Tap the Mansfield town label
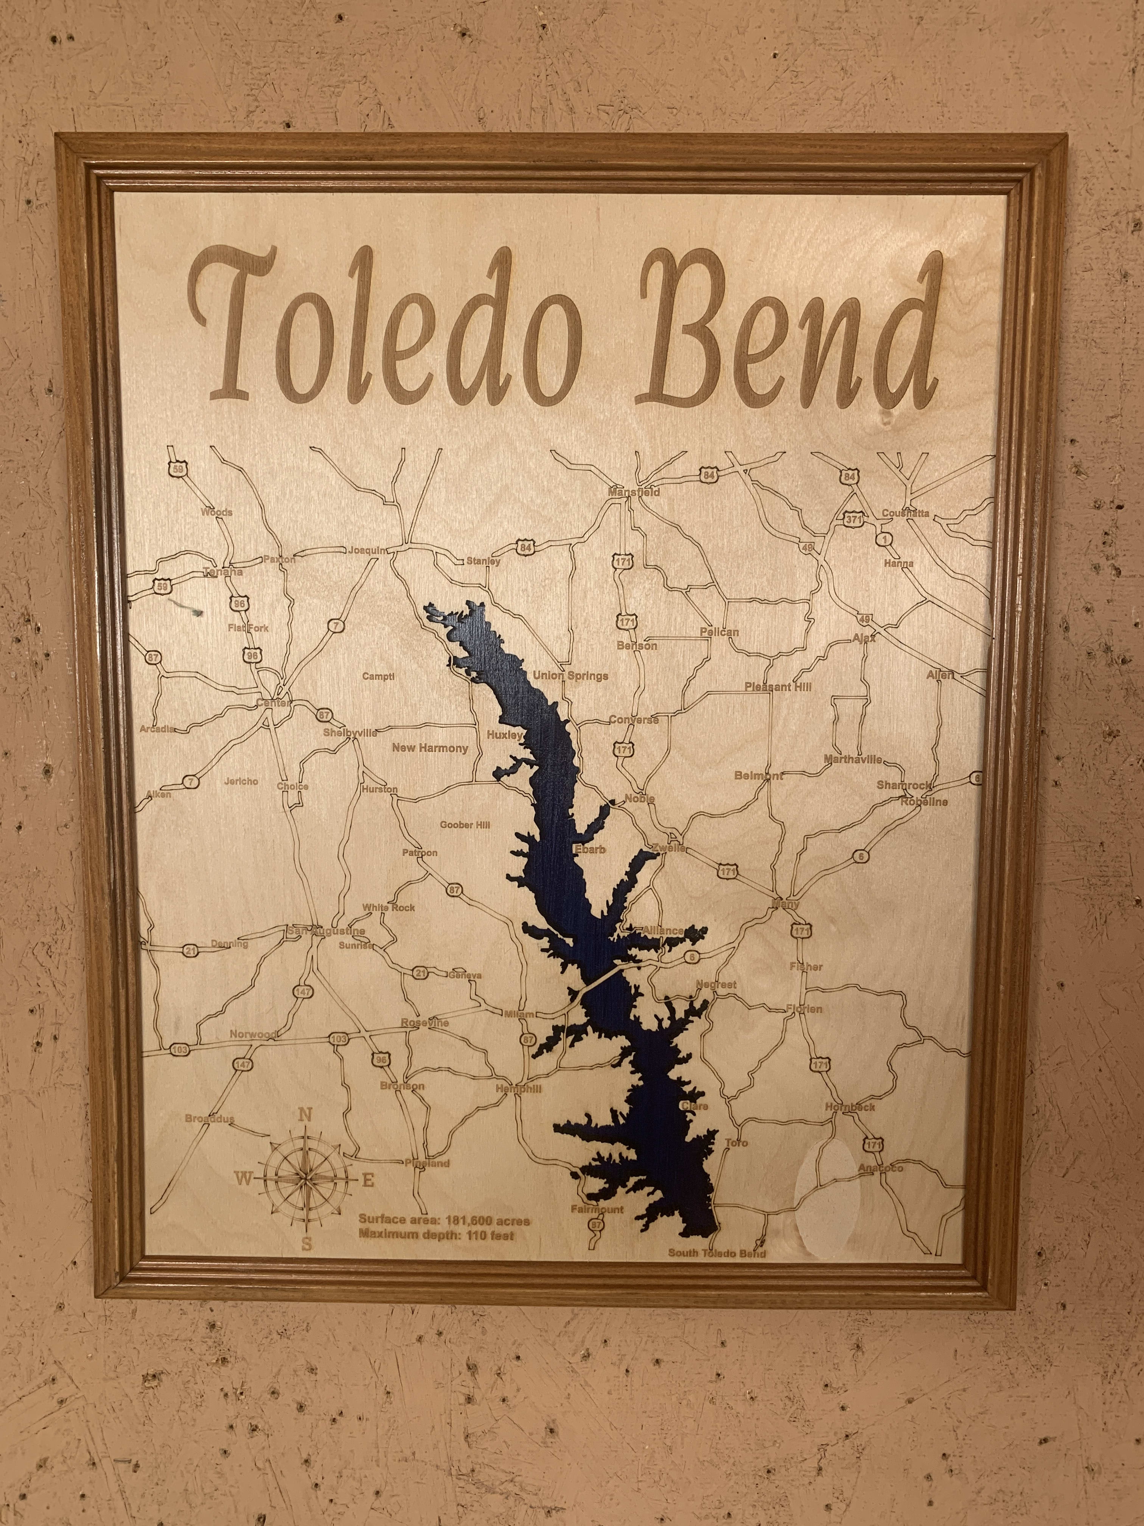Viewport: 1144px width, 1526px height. point(634,492)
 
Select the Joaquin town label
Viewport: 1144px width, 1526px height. point(368,551)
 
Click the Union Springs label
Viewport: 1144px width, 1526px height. point(571,676)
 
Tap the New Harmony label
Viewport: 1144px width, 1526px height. point(430,748)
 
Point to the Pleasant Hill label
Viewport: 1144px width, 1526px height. point(778,687)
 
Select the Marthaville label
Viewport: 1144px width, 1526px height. point(853,760)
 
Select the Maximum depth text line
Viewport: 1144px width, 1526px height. point(436,1235)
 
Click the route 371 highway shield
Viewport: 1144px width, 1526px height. point(853,519)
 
